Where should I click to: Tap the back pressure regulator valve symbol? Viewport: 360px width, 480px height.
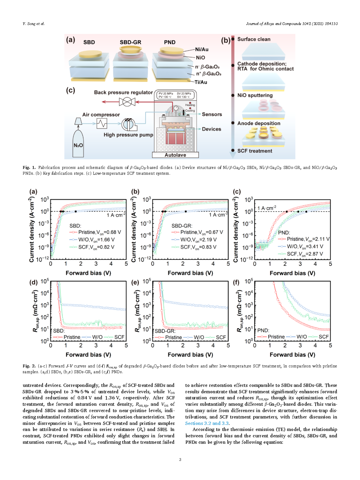click(127, 102)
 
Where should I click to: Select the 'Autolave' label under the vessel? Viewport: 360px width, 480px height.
click(175, 155)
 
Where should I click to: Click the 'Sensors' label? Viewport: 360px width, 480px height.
click(212, 114)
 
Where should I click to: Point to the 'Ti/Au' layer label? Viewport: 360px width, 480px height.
click(201, 82)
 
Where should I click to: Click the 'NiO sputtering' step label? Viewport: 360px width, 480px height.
click(255, 95)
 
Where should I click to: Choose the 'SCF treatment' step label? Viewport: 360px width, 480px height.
click(255, 151)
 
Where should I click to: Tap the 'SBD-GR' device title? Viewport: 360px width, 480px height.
click(130, 42)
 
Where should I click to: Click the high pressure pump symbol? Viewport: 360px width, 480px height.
click(129, 124)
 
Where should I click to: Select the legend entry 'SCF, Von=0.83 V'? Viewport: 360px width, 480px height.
click(194, 247)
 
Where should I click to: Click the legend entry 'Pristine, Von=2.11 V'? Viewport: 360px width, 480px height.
click(304, 239)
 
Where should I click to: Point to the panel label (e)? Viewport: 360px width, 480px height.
click(135, 283)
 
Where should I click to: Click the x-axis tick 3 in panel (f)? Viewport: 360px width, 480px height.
click(300, 345)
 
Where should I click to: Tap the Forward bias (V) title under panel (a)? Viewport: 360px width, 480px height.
click(88, 273)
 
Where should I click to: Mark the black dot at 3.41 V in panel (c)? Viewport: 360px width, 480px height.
click(306, 212)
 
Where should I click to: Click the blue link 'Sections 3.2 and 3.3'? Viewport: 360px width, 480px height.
click(207, 423)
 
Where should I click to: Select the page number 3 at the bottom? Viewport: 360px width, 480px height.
click(180, 459)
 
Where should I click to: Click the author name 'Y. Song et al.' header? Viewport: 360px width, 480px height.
click(34, 24)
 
